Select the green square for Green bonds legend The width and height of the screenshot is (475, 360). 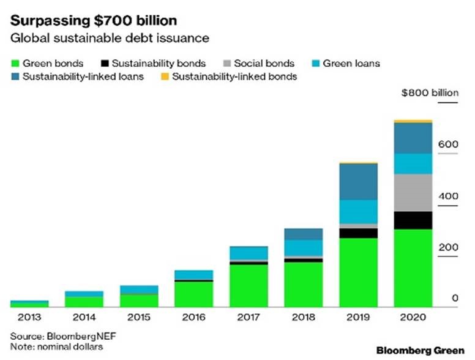pos(15,63)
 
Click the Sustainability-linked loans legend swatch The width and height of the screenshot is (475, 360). pos(15,77)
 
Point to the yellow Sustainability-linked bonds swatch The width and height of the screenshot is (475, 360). pos(165,77)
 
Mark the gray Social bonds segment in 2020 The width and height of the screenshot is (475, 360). pos(413,192)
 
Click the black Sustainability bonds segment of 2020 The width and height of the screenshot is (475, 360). pos(413,220)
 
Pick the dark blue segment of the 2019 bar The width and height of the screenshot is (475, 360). pos(357,181)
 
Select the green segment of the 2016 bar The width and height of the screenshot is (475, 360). pos(193,293)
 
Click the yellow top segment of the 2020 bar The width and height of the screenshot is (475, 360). pos(413,121)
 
